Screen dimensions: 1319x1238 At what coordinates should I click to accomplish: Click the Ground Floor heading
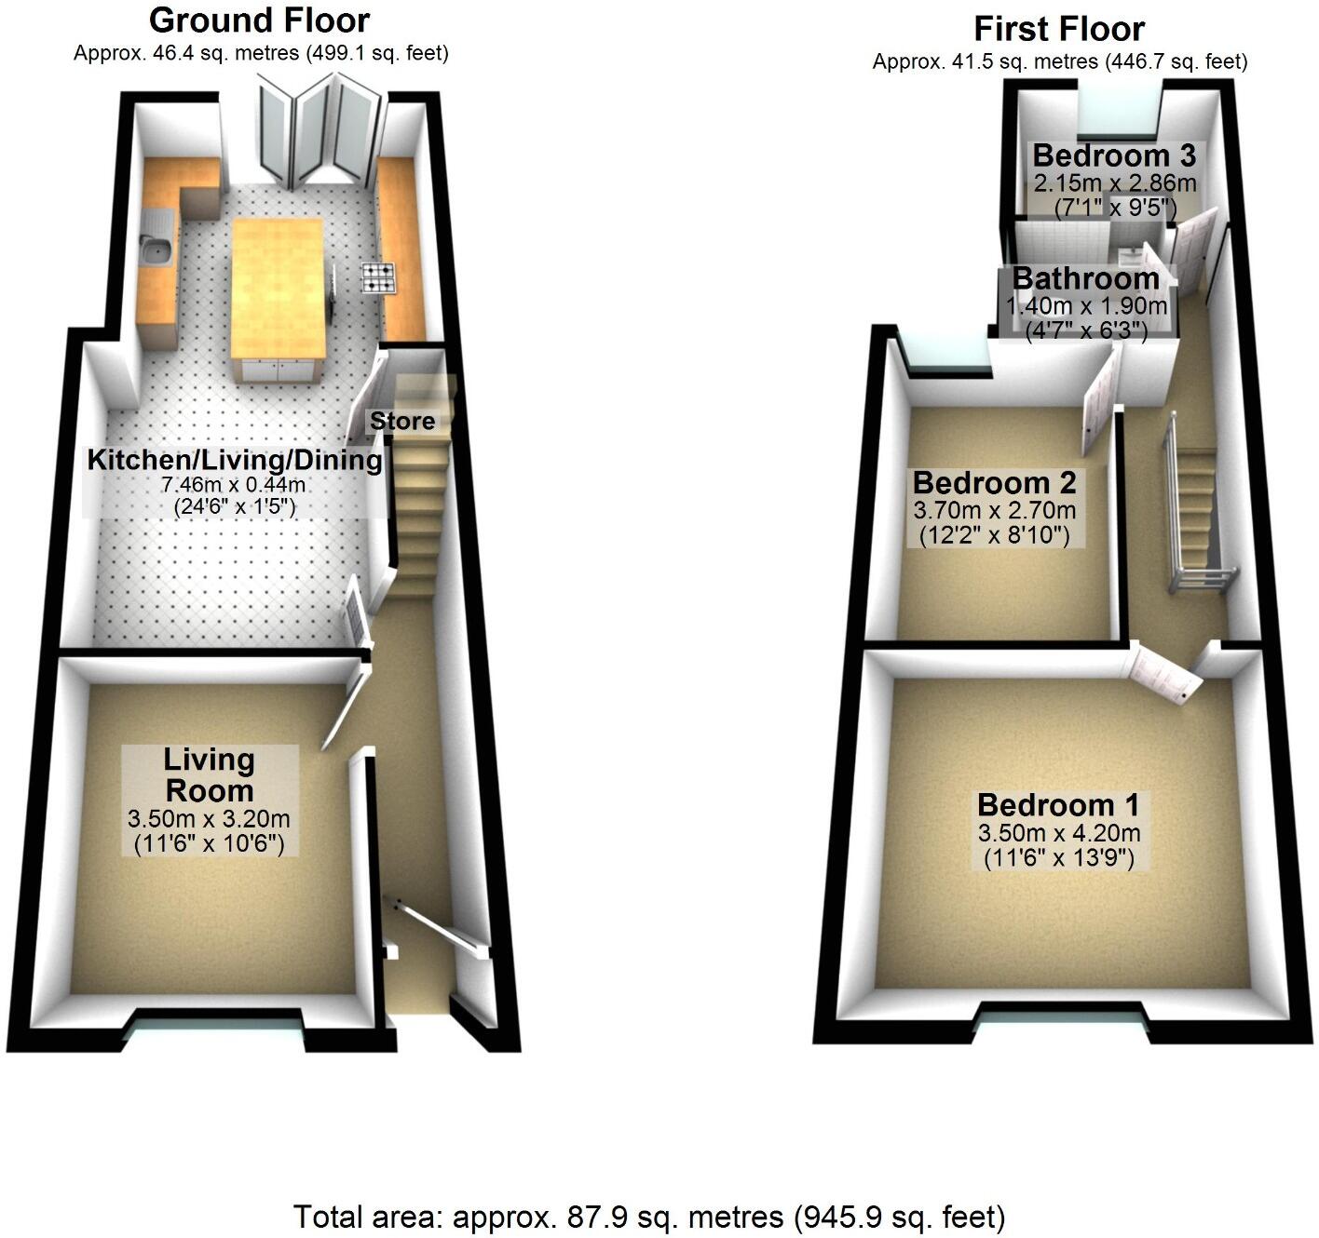click(x=259, y=20)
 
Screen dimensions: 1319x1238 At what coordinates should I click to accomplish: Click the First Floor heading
click(x=1059, y=29)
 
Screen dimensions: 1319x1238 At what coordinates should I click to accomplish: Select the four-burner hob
click(x=381, y=277)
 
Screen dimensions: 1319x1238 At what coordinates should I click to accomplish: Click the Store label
click(x=402, y=421)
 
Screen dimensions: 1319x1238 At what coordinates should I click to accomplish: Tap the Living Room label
click(x=210, y=774)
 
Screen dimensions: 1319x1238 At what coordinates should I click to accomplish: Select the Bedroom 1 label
click(x=1058, y=804)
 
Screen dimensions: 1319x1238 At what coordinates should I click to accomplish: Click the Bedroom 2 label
click(x=994, y=482)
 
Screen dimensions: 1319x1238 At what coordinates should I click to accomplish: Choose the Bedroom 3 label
click(x=1114, y=155)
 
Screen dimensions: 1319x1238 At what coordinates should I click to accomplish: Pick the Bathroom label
click(x=1086, y=278)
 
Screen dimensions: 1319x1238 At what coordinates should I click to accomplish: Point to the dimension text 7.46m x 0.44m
click(x=234, y=484)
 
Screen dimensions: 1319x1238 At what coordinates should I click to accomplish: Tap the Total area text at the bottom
click(x=649, y=1217)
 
